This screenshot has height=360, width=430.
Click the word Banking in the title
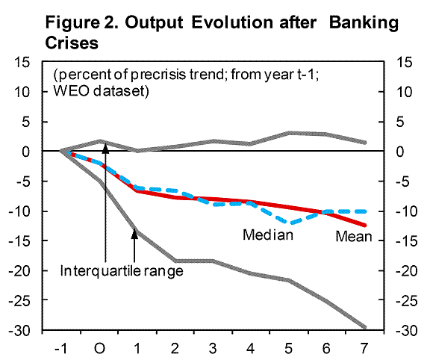(364, 23)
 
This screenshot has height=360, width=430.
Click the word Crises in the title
(72, 43)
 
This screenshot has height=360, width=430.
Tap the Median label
(268, 235)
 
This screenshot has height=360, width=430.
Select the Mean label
(354, 236)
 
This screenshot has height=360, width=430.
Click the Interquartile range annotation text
(122, 271)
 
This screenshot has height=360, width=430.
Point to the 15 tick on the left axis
(22, 62)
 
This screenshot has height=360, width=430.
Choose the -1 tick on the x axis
(61, 349)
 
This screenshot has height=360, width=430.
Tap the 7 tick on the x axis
(364, 349)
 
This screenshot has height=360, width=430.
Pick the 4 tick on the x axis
(250, 349)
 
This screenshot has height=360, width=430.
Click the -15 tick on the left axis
(19, 241)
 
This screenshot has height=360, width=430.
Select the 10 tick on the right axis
(404, 92)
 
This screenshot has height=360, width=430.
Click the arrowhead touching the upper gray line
(105, 148)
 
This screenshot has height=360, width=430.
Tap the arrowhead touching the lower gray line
(134, 234)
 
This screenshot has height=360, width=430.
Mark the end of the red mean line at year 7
(365, 226)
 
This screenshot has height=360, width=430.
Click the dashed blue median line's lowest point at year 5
(291, 223)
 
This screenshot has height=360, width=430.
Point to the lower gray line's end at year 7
(364, 327)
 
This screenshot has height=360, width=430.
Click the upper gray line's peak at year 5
(290, 133)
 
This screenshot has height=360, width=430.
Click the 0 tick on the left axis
(25, 152)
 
